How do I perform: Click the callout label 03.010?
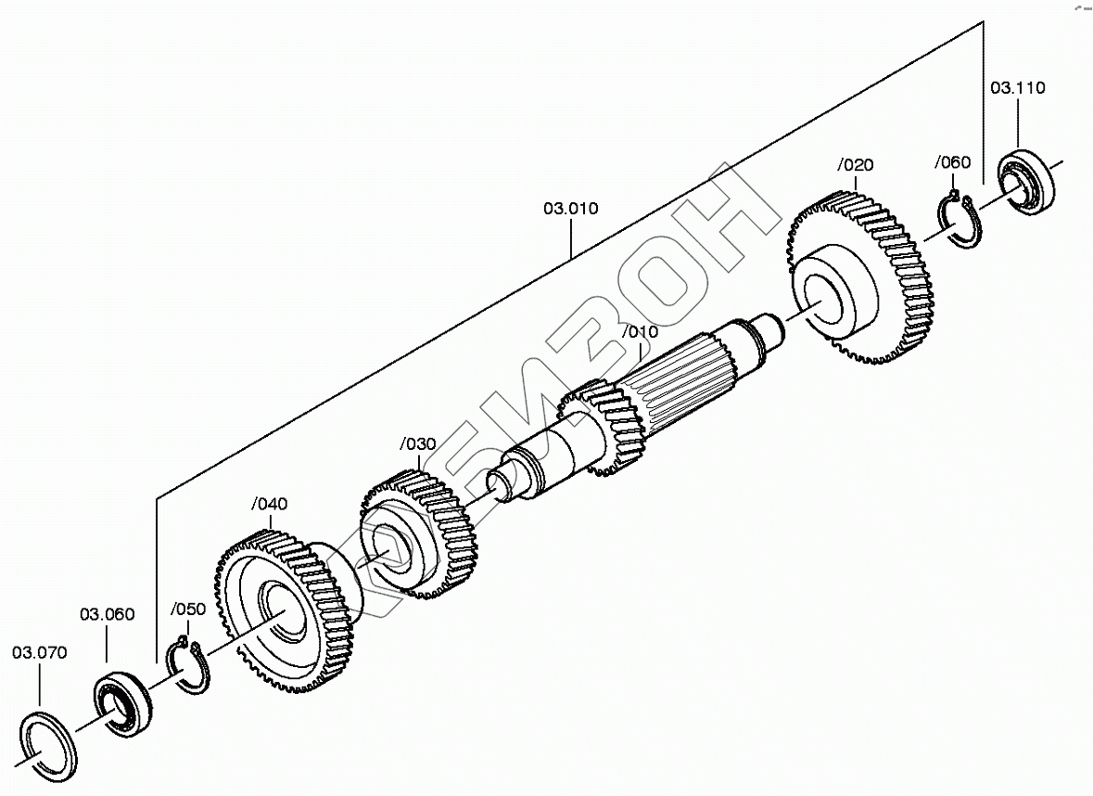pos(570,208)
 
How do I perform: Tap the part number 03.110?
pos(1017,88)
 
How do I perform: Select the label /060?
pos(952,163)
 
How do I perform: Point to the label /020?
pos(854,165)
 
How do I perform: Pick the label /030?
pos(417,443)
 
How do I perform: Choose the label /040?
pos(269,504)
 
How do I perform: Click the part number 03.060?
pos(107,613)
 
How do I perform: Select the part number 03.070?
pos(39,652)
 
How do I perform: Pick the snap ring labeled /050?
pos(189,666)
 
